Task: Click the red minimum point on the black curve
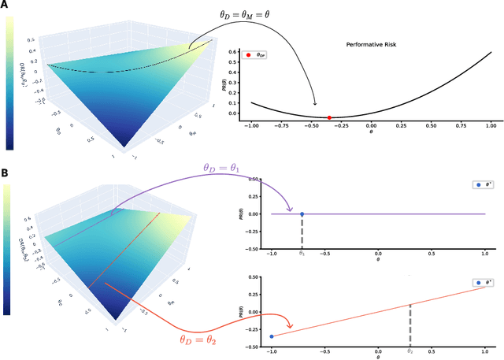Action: (329, 117)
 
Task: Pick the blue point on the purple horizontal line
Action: (302, 213)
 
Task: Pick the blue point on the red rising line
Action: (272, 336)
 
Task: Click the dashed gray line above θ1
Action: (302, 231)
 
